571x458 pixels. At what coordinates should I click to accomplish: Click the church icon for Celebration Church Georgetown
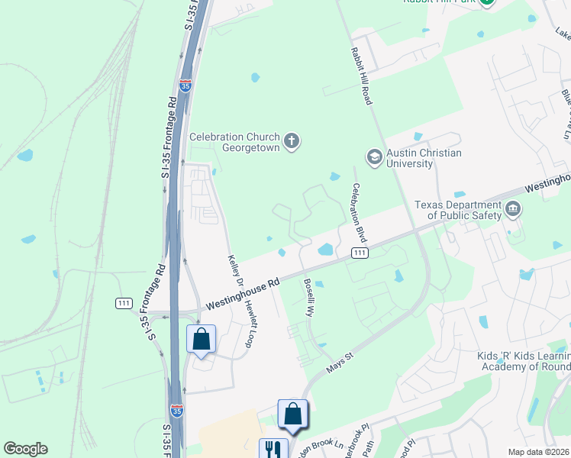click(x=291, y=140)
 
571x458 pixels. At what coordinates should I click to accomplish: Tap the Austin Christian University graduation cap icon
click(x=375, y=156)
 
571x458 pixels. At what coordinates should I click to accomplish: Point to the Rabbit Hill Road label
click(x=360, y=75)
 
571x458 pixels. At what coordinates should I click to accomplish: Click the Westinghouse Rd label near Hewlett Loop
click(x=241, y=292)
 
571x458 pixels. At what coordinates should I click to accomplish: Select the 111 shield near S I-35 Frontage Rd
click(x=124, y=303)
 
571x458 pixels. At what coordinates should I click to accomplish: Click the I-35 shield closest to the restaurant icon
click(x=177, y=411)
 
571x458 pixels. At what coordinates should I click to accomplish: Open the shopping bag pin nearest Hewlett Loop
click(x=202, y=339)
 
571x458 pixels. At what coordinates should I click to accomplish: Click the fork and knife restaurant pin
click(x=272, y=449)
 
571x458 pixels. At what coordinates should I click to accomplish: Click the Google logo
click(x=25, y=449)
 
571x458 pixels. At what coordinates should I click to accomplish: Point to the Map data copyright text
click(x=538, y=452)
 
